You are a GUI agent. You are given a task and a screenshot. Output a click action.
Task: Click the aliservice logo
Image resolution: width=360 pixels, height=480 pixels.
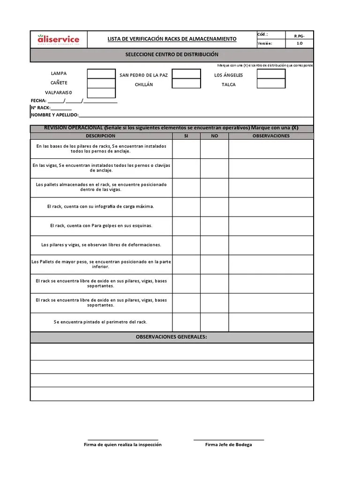[59, 40]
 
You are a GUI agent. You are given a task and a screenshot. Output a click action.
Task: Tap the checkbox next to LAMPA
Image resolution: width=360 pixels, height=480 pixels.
[101, 74]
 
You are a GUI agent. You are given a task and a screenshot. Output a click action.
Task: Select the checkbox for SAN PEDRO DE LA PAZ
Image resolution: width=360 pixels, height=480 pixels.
[186, 74]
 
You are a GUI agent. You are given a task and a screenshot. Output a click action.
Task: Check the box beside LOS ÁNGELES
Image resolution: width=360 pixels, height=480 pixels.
[271, 74]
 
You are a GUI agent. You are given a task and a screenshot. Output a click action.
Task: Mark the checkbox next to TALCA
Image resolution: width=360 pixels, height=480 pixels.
[271, 83]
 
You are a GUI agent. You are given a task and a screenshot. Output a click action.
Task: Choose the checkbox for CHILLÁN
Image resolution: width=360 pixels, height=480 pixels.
[186, 83]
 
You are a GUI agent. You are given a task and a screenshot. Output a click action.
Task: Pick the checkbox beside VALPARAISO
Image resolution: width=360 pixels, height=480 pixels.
[101, 93]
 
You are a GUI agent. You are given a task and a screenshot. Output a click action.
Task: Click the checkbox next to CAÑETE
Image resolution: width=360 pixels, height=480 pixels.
[101, 83]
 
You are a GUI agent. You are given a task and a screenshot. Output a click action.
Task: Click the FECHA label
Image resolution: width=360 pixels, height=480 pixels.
[38, 101]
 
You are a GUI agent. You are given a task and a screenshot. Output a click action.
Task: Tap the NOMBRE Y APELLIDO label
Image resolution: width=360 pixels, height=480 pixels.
[54, 115]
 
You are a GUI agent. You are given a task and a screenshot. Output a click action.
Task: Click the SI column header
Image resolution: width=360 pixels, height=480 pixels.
[186, 136]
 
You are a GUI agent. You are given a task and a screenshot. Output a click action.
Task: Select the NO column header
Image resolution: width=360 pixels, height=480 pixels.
[215, 136]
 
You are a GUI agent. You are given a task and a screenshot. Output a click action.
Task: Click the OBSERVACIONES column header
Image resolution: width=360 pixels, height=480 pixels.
[271, 136]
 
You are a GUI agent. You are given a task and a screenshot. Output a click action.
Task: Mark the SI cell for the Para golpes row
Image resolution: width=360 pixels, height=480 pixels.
[186, 226]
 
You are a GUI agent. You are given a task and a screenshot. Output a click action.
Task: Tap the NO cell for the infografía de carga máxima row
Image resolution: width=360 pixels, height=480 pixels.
[215, 207]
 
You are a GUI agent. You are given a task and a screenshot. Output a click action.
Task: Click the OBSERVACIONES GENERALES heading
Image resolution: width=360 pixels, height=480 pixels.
[172, 337]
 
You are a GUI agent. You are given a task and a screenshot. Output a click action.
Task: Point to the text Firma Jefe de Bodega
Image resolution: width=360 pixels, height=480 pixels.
[228, 444]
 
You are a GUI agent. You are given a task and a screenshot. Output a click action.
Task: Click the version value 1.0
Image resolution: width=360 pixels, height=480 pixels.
[300, 44]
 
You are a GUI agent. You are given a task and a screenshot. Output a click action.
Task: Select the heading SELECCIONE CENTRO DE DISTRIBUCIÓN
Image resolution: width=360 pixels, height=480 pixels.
[172, 55]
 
